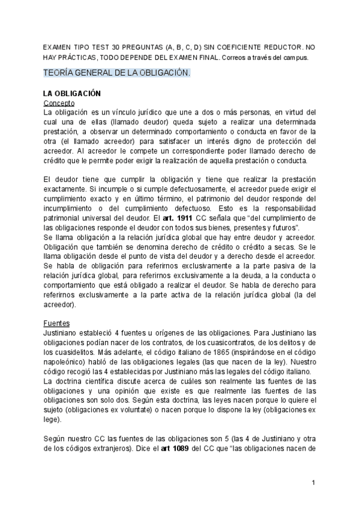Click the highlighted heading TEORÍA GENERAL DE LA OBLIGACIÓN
click(x=117, y=73)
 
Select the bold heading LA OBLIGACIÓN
click(x=72, y=94)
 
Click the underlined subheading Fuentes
click(x=57, y=323)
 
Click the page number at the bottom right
click(x=313, y=483)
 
